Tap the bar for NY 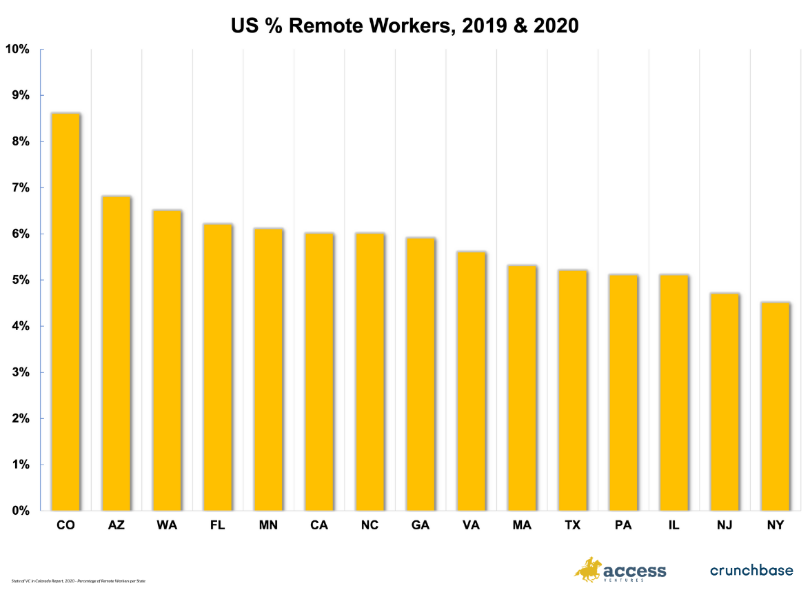[x=775, y=407]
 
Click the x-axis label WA [x=167, y=525]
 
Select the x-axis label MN [x=268, y=525]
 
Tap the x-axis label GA [x=421, y=525]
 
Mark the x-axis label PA [x=623, y=525]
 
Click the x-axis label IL [x=674, y=525]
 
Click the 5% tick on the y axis [x=20, y=280]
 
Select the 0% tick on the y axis [x=20, y=511]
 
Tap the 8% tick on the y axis [x=20, y=141]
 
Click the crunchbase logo [x=751, y=570]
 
